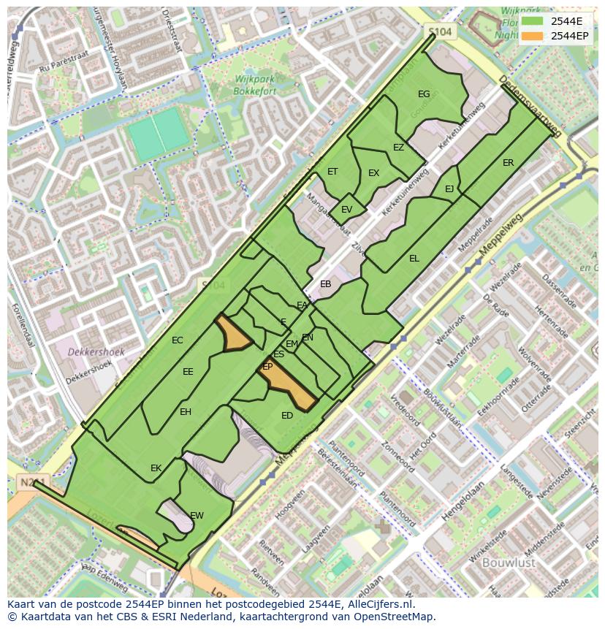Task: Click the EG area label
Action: (424, 94)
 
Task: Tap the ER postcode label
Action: (508, 163)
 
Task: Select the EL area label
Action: (414, 259)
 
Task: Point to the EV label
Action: (346, 210)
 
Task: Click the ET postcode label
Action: (332, 172)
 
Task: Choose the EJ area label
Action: (449, 189)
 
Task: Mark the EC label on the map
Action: (177, 340)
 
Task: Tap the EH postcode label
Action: (186, 412)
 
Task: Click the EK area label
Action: (156, 468)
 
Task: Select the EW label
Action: (197, 516)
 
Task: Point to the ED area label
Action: (287, 416)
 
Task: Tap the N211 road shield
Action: (27, 482)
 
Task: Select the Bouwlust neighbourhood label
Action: (509, 563)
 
